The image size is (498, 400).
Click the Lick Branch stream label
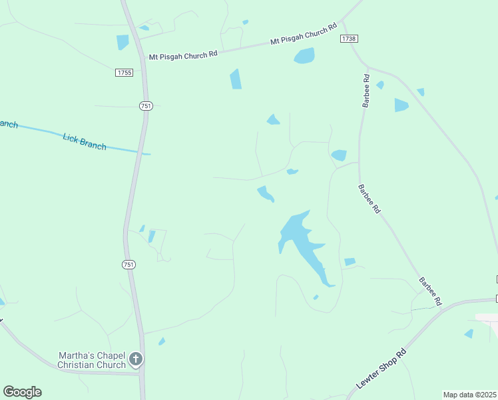pos(84,141)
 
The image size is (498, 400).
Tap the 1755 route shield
pos(124,73)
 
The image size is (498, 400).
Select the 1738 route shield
pos(348,39)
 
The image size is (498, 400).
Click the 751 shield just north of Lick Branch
pos(146,105)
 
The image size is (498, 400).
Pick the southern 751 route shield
pos(128,265)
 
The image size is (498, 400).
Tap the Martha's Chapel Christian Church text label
pos(91,360)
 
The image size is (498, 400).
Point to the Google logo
pos(22,392)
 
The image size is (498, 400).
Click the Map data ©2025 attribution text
pos(469,395)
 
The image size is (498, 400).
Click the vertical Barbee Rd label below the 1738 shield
pos(366,90)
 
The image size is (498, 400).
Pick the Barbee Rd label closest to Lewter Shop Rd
pos(430,291)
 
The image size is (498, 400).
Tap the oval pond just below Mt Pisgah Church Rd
pos(304,56)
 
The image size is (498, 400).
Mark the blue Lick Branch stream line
pos(113,147)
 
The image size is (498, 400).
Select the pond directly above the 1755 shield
pos(123,42)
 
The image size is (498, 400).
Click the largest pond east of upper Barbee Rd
pos(401,105)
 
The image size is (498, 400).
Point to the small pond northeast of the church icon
pos(162,341)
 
